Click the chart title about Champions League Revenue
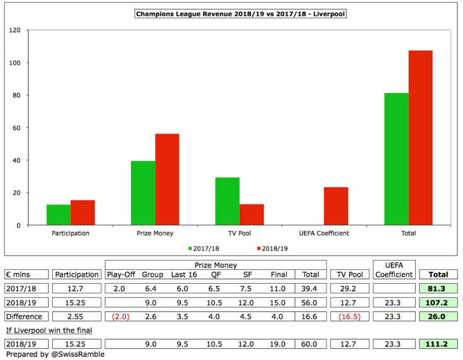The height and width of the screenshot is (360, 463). pyautogui.click(x=231, y=13)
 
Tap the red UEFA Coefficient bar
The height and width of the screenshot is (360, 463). pyautogui.click(x=336, y=206)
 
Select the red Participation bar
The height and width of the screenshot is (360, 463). pyautogui.click(x=83, y=212)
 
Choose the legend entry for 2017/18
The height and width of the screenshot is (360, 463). pyautogui.click(x=203, y=248)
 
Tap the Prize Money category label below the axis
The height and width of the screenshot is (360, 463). pyautogui.click(x=155, y=233)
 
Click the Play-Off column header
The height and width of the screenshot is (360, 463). pyautogui.click(x=123, y=274)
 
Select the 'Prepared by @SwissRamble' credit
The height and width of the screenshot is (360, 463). pyautogui.click(x=48, y=354)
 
